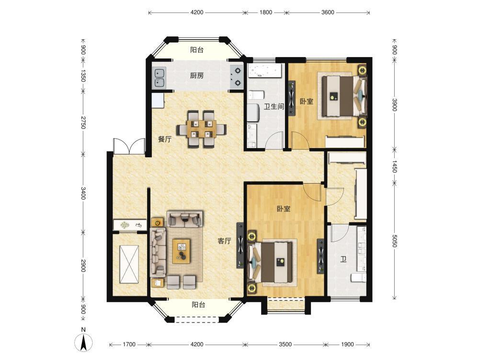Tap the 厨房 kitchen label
click(197, 75)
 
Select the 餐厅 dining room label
click(164, 139)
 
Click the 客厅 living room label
click(224, 241)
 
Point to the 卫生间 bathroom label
click(274, 106)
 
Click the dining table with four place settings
click(202, 129)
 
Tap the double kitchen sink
click(159, 78)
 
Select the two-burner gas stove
click(237, 76)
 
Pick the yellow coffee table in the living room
click(181, 251)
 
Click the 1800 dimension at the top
click(265, 12)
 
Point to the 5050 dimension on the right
click(394, 241)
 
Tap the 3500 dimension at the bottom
click(285, 344)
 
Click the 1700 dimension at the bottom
click(129, 344)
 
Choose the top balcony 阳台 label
click(197, 50)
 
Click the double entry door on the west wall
click(129, 146)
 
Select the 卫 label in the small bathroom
click(343, 260)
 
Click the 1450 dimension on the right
click(394, 166)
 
